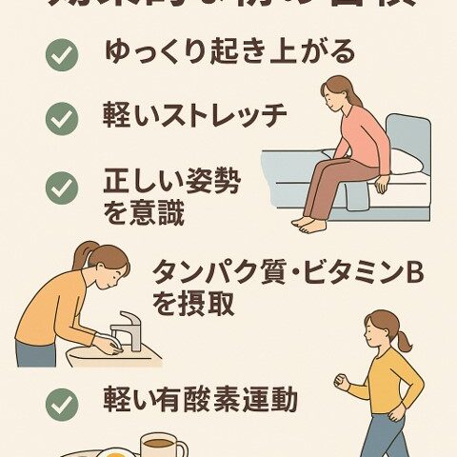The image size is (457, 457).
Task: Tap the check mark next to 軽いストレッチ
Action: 62,119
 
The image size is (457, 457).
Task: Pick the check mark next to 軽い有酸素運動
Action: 62,404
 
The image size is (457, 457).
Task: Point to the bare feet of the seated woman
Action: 308,224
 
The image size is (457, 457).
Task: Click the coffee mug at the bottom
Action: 162,446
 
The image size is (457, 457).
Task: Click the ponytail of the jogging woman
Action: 404,339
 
